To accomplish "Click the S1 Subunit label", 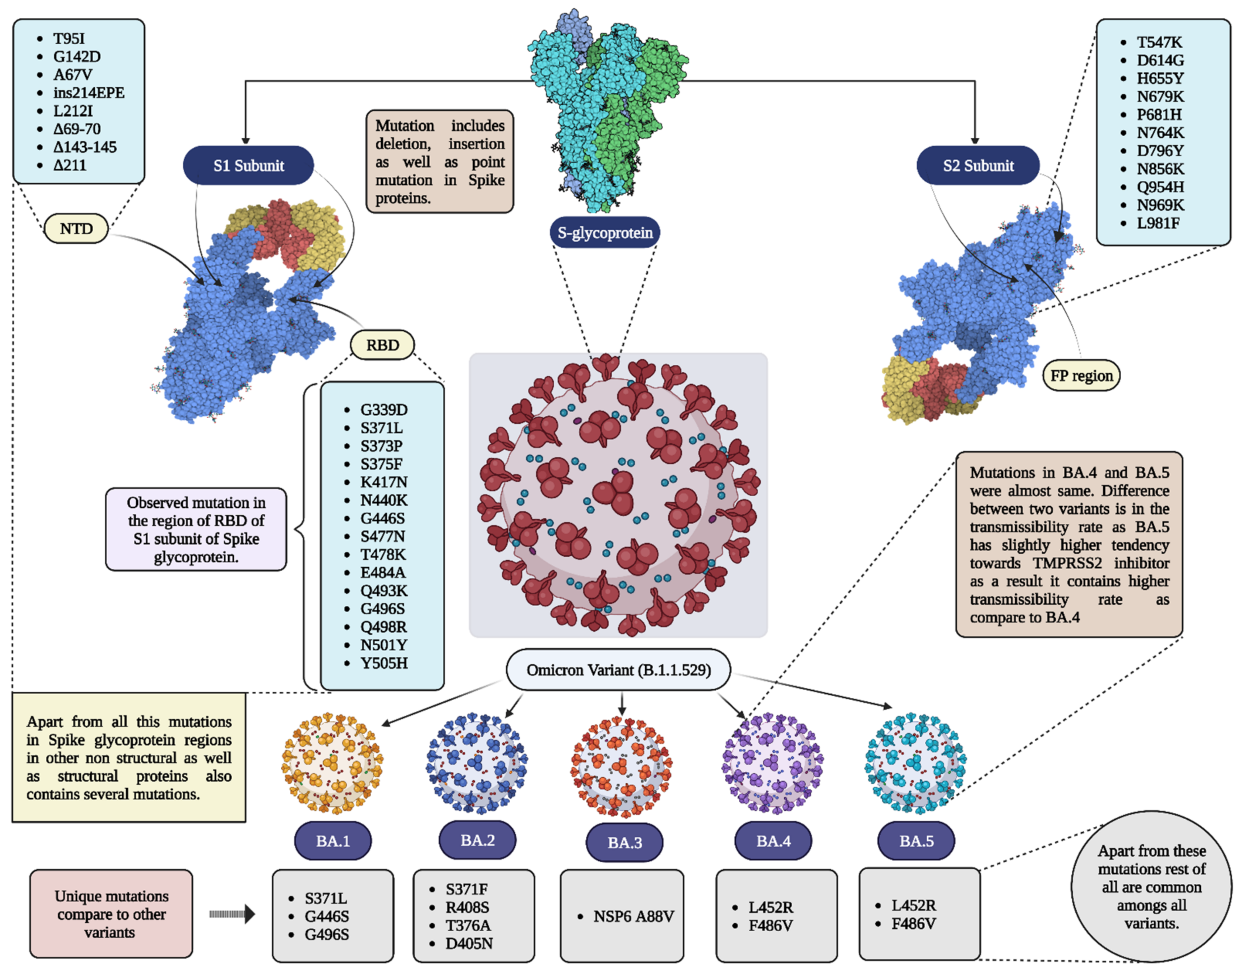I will (248, 165).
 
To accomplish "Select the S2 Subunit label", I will (978, 165).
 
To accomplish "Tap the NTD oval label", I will (76, 228).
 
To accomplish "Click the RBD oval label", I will (382, 345).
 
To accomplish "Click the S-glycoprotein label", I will (605, 232).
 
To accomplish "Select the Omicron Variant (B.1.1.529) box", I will (618, 670).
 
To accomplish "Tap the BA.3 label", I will (624, 842).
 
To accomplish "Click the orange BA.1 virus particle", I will (332, 763).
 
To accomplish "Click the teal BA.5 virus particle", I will (916, 763).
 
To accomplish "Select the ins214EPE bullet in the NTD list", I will (88, 93).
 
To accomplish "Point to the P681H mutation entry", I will (1159, 114).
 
